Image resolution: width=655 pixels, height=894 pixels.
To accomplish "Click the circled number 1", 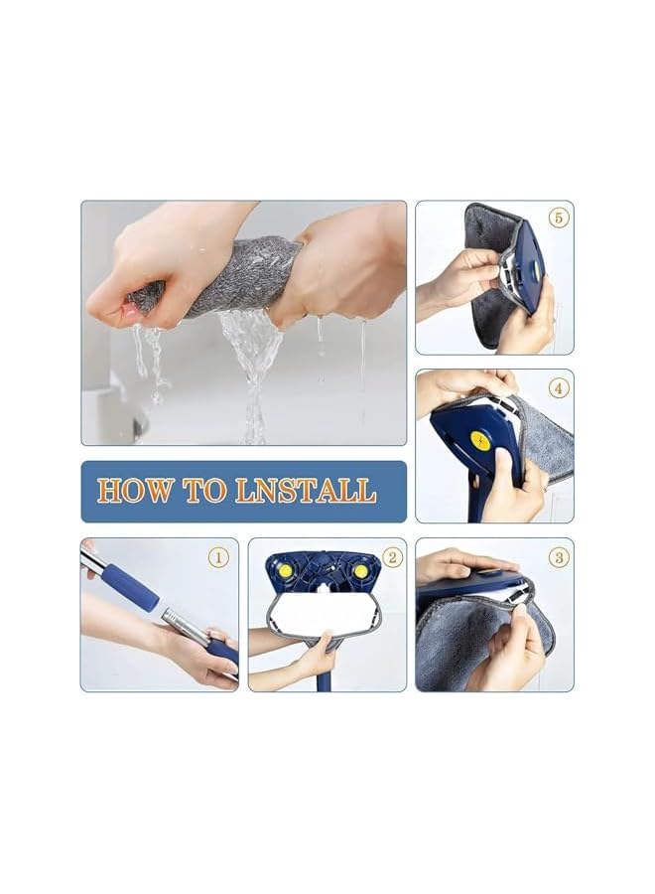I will [x=218, y=557].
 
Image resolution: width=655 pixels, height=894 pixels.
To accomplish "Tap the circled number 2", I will [x=391, y=557].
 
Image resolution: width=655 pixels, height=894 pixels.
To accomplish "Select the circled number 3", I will [x=559, y=557].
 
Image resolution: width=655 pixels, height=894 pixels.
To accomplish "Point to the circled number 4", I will [x=559, y=388].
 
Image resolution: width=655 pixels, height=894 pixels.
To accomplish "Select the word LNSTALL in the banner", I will [x=305, y=491].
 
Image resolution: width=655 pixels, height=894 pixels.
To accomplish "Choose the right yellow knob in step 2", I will [x=358, y=574].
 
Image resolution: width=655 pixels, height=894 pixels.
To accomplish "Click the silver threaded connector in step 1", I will [x=184, y=625].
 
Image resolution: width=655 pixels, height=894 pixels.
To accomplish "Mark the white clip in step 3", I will [x=518, y=594].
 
